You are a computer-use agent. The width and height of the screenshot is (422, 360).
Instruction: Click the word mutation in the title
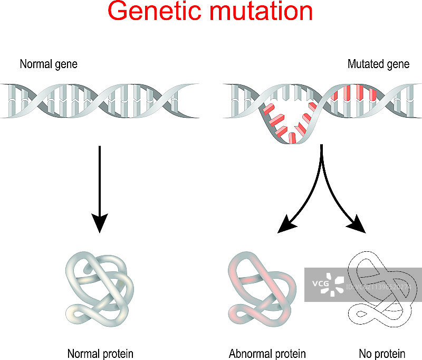pos(260,12)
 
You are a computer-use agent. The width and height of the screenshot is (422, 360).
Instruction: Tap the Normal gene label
pos(49,64)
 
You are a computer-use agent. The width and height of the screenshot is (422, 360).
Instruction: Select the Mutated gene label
pos(378,64)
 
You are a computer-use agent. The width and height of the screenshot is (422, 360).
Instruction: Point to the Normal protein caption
pos(100,354)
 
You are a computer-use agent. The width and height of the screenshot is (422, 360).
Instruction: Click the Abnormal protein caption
pos(267,354)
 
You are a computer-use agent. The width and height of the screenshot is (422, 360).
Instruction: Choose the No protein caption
pos(382,354)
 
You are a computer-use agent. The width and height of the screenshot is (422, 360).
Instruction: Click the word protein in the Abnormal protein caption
pos(288,354)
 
